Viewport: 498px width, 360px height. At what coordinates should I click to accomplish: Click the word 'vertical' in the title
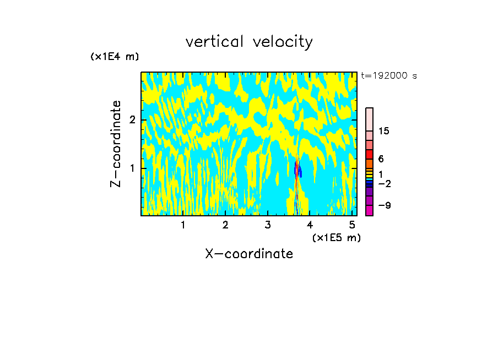click(214, 42)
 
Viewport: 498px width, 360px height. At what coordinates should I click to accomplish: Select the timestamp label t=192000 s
click(389, 76)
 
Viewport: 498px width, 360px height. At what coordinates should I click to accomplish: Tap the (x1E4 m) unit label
click(115, 57)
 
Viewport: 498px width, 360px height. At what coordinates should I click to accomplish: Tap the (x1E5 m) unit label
click(336, 237)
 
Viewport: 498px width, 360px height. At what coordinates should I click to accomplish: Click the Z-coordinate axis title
click(116, 144)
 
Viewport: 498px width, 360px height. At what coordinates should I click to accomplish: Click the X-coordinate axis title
click(249, 254)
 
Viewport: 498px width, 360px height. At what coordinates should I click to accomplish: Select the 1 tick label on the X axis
click(183, 225)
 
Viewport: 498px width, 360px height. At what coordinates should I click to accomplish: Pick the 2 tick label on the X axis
click(225, 225)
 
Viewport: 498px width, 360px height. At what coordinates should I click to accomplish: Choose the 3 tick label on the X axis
click(268, 225)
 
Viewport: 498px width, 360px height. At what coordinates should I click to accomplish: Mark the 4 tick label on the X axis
click(310, 225)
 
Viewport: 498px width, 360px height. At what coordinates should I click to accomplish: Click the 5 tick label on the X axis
click(352, 225)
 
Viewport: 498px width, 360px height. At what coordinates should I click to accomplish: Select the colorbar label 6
click(381, 159)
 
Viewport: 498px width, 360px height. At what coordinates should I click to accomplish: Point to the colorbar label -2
click(384, 184)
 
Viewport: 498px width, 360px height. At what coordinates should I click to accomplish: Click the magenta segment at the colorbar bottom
click(369, 210)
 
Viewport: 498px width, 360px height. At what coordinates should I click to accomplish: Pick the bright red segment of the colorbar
click(369, 154)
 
